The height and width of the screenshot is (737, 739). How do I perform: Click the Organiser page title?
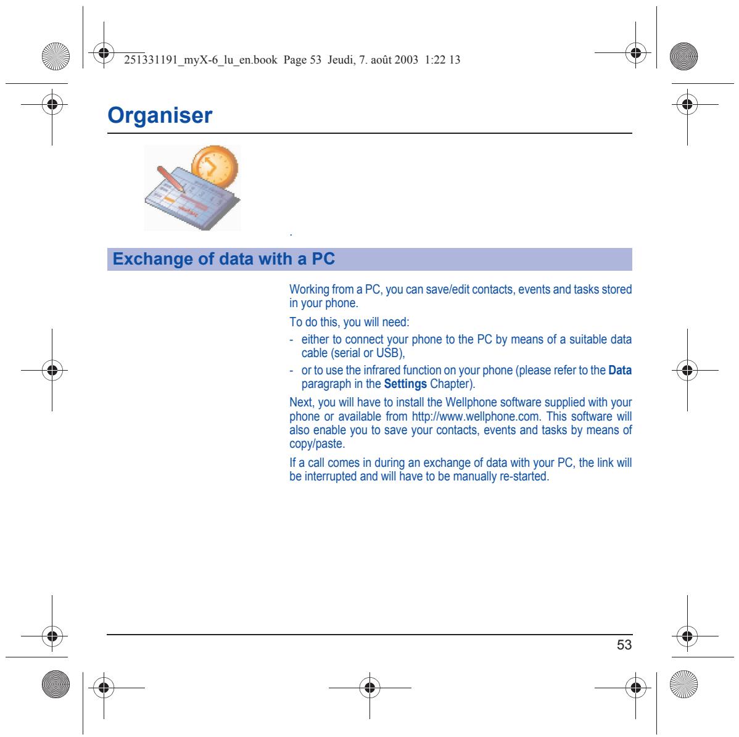tap(160, 115)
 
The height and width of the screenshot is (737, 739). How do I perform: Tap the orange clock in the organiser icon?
tap(215, 167)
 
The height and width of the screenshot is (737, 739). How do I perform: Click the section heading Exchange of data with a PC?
tap(223, 258)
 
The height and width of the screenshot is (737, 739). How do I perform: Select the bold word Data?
tap(620, 371)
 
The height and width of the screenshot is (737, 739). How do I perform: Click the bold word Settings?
tap(405, 384)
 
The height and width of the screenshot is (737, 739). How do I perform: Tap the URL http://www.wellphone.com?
tap(476, 416)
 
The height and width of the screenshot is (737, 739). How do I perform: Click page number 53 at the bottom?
tap(624, 644)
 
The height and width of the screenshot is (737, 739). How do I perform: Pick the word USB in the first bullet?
tap(389, 353)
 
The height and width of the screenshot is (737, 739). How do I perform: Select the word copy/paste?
tap(316, 444)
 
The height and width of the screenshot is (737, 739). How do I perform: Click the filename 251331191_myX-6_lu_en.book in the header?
tap(200, 60)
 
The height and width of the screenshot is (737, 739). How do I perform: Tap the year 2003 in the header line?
tap(407, 60)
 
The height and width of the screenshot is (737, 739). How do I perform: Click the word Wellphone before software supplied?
tap(471, 403)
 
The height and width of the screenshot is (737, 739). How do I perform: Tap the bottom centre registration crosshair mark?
tap(370, 688)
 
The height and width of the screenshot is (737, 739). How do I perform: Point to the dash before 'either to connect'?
tap(291, 340)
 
